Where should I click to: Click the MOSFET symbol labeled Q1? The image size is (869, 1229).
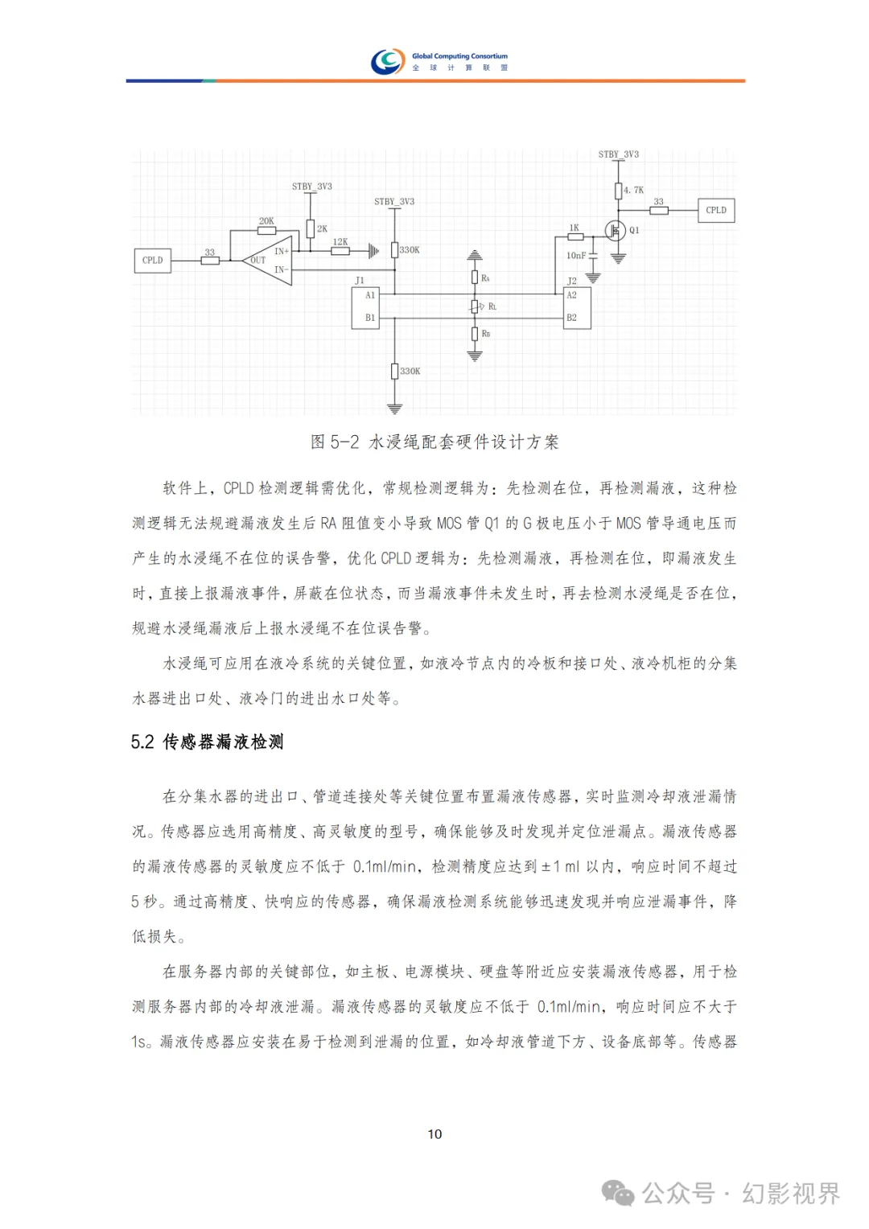tap(616, 231)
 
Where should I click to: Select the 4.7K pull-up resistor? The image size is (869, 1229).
tap(618, 191)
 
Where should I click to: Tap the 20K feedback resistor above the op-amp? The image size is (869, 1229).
tap(266, 231)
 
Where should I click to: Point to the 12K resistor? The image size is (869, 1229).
tap(340, 251)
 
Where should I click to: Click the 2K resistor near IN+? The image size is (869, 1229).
tap(310, 229)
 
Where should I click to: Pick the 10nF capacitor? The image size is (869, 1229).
tap(593, 256)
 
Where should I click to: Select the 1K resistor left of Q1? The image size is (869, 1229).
tap(575, 236)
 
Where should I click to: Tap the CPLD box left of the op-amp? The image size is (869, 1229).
tap(152, 261)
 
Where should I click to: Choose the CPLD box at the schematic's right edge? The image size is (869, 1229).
tap(715, 211)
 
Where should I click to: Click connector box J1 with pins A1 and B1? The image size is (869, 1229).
tap(365, 307)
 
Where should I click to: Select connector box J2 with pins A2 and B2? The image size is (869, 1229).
tap(577, 307)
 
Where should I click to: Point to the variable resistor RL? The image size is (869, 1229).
tap(475, 306)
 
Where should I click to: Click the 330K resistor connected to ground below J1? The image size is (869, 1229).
tap(394, 371)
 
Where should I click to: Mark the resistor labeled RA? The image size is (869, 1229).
tap(475, 277)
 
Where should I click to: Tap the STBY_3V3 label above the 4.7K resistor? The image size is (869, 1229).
tap(618, 154)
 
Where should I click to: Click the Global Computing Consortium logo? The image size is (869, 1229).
tap(388, 61)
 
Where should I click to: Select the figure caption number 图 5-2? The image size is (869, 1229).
tap(335, 442)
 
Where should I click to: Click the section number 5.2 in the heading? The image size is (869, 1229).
tap(142, 742)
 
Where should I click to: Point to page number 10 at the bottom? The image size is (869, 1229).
tap(434, 1134)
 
